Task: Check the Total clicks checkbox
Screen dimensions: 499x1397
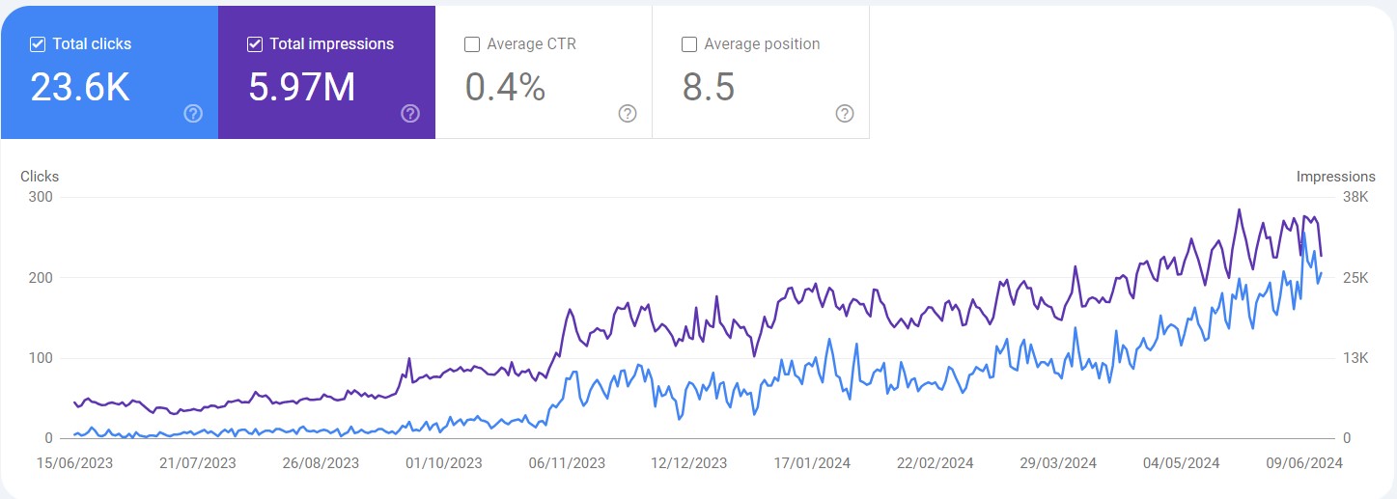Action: pos(38,44)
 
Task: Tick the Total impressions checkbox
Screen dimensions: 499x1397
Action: pos(255,44)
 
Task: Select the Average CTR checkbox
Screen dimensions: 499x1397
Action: pos(472,44)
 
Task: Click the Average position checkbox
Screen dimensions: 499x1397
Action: pos(689,44)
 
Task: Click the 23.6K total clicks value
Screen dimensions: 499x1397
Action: pos(80,88)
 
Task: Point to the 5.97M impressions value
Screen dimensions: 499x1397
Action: pos(302,88)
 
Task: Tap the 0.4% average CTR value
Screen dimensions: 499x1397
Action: pos(505,88)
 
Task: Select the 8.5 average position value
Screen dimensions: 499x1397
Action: pos(709,88)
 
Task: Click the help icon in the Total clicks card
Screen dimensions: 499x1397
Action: pos(193,114)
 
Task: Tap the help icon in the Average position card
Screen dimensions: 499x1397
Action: pos(845,114)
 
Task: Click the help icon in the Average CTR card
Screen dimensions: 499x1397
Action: pos(628,114)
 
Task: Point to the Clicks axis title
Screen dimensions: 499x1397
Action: pos(40,177)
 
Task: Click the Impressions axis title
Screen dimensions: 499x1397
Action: pos(1335,177)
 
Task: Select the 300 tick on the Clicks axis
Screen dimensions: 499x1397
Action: pos(41,197)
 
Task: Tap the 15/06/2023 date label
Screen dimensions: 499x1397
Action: pos(73,463)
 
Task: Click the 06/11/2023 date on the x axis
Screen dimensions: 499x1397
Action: pos(567,463)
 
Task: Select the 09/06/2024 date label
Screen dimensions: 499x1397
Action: pos(1304,463)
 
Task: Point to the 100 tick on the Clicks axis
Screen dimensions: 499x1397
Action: pos(41,358)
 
